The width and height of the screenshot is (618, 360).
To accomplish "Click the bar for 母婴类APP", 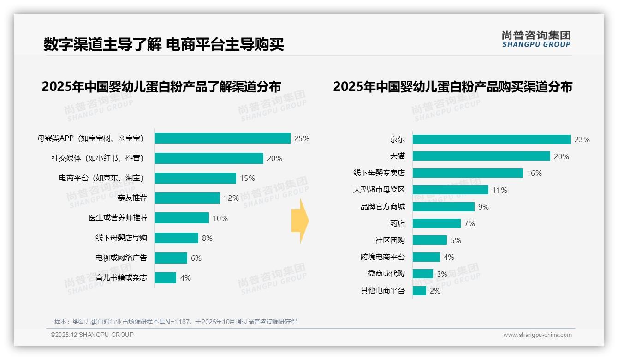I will click(x=222, y=138).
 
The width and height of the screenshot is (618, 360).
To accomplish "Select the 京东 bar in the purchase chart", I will click(x=492, y=139).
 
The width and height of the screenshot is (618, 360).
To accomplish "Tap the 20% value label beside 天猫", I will click(x=561, y=156).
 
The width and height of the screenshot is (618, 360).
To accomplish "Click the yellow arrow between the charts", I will click(x=300, y=221).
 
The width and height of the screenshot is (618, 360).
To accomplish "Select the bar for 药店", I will click(x=436, y=223).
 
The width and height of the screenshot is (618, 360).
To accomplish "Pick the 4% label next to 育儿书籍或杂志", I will click(x=185, y=278).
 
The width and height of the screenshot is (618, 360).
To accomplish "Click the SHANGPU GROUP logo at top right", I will click(x=536, y=39).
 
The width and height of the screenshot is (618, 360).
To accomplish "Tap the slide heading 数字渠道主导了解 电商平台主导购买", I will click(x=164, y=45).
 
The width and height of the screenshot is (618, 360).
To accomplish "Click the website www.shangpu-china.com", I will click(x=537, y=335).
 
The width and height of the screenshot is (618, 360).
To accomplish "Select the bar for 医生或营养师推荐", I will click(x=182, y=218).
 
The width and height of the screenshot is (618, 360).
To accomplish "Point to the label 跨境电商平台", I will click(x=382, y=257).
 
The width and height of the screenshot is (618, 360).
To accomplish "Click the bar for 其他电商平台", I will click(x=419, y=291).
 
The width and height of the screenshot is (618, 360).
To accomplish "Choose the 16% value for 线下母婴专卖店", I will click(x=534, y=173).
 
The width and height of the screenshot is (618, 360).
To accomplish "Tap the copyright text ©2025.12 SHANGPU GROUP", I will click(x=92, y=335).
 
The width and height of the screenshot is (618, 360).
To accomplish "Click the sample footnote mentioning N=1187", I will click(x=175, y=322).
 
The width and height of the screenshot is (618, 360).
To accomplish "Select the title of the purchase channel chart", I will click(x=452, y=87).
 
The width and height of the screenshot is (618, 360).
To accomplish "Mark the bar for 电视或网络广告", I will click(x=171, y=258).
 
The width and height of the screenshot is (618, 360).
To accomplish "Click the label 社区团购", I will click(x=390, y=240).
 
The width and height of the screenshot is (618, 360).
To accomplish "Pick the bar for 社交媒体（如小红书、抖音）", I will click(x=209, y=158).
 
